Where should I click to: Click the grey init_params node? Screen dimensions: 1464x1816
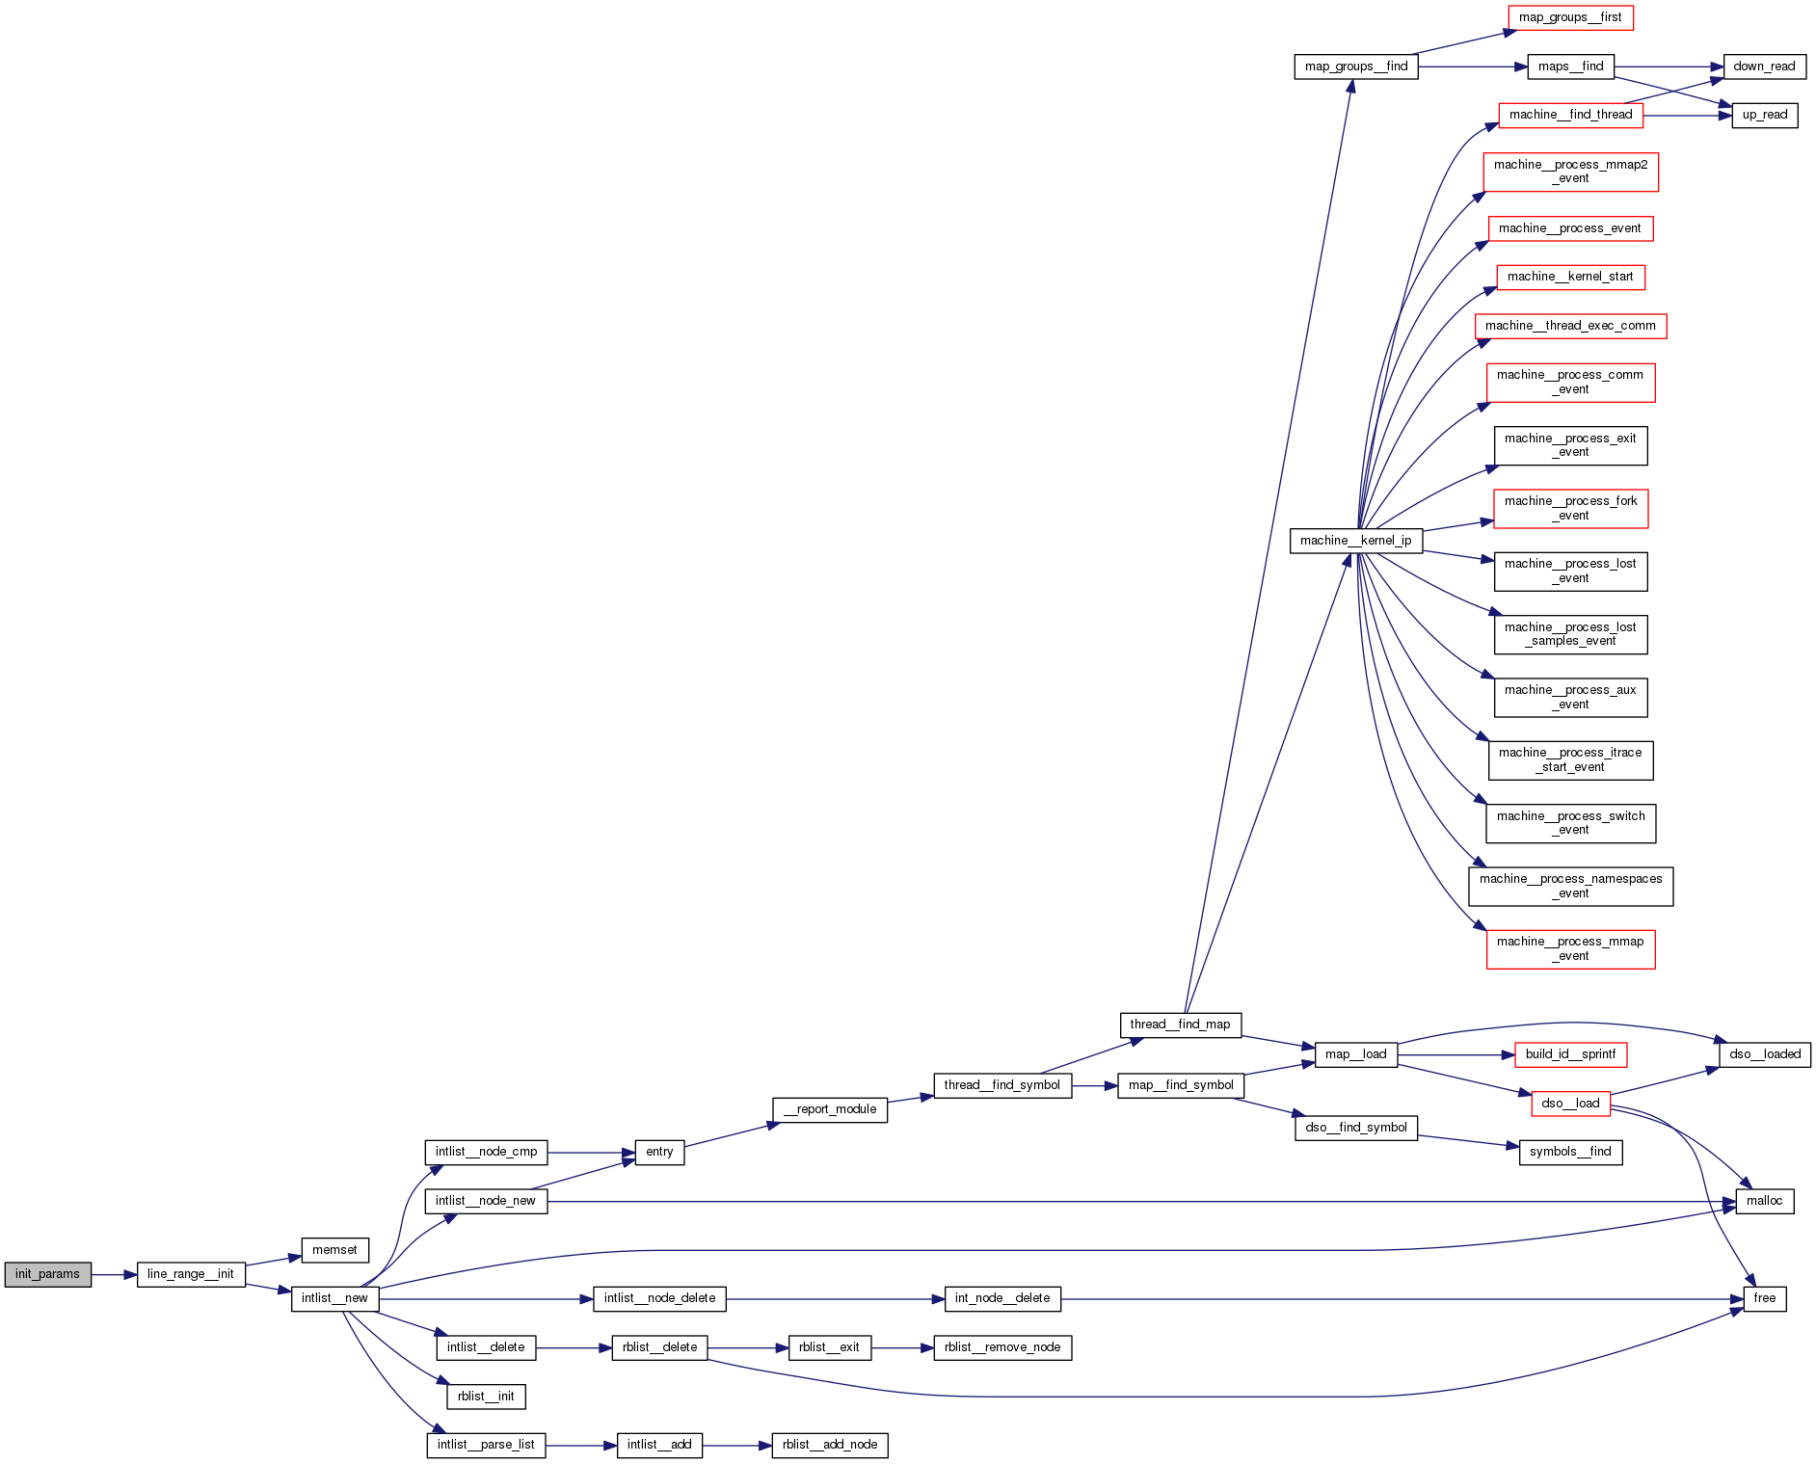coord(47,1274)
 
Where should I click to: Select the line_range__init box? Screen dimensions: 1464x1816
coord(191,1274)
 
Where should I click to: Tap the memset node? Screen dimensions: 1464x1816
coord(334,1250)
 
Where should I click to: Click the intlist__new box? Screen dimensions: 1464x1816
coord(334,1298)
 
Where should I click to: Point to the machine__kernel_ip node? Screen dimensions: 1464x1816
coord(1355,541)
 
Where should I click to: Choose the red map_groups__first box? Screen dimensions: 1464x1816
coord(1570,17)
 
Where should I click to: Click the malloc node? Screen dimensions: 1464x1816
coord(1764,1201)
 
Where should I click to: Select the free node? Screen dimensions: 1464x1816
coord(1764,1298)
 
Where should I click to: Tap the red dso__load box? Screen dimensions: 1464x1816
coord(1570,1104)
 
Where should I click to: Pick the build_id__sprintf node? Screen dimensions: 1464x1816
coord(1570,1054)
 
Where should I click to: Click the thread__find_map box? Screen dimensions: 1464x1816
coord(1180,1025)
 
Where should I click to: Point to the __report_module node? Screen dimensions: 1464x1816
coord(830,1109)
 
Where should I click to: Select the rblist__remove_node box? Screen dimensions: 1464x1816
coord(1002,1347)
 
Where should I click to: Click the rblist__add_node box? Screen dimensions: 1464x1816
coord(830,1445)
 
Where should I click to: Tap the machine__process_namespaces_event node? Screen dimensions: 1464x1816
coord(1570,886)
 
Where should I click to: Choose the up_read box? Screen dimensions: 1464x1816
coord(1764,115)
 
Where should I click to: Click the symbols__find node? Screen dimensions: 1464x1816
coord(1570,1152)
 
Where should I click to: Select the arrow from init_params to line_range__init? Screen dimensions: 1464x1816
coord(114,1274)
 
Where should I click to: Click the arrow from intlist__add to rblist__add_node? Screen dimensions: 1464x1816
coord(736,1445)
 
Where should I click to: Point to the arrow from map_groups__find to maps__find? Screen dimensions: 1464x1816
coord(1472,67)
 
